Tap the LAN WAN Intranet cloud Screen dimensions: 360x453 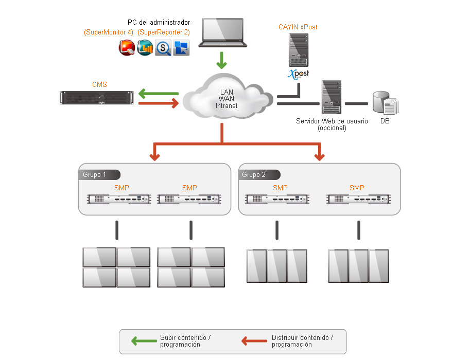[227, 98]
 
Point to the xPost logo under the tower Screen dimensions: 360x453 [298, 73]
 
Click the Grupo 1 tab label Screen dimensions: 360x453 [95, 175]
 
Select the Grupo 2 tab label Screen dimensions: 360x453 [254, 175]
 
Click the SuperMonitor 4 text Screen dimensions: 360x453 [109, 32]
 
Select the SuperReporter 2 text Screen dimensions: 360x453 [164, 32]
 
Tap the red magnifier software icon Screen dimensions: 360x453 [127, 48]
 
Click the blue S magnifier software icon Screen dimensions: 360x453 [164, 48]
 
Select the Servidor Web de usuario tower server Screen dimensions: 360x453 [331, 97]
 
